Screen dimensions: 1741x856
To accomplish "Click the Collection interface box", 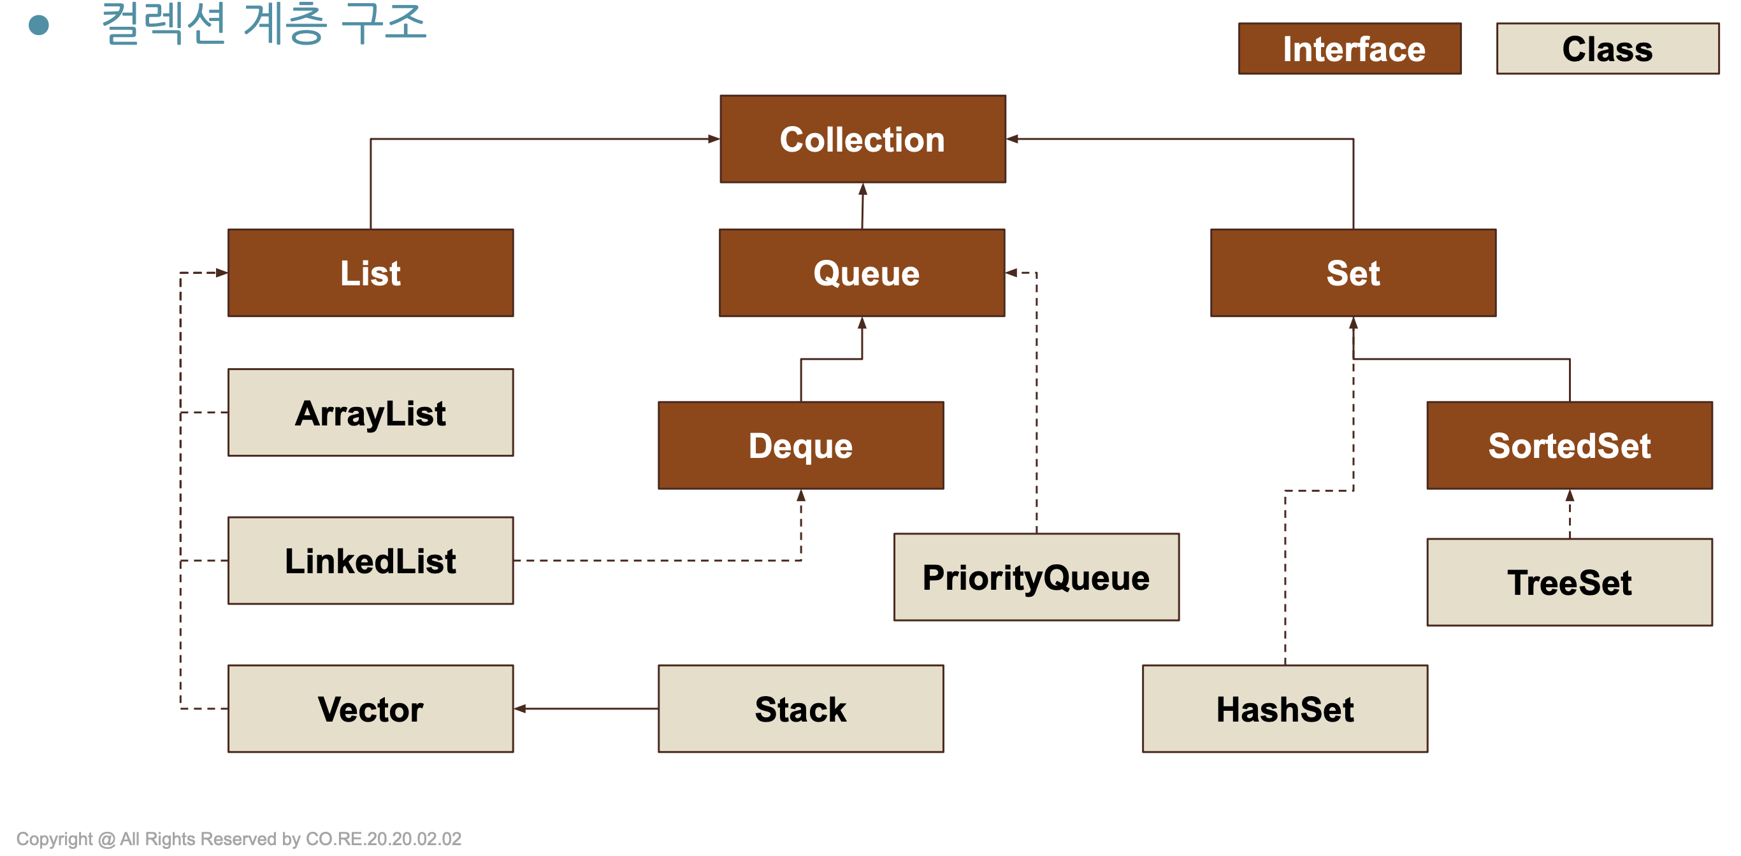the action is click(x=862, y=139).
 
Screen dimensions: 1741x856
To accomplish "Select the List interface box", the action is click(x=370, y=273).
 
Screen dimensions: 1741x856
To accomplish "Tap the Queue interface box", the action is click(x=862, y=273).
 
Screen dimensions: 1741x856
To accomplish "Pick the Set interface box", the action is click(x=1353, y=273).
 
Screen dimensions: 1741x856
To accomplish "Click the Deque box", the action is click(x=801, y=445).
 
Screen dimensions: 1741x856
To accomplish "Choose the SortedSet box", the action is click(x=1570, y=445).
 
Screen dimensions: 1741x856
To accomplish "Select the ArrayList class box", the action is click(x=370, y=412).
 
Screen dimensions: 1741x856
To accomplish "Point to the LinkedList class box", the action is click(x=370, y=560).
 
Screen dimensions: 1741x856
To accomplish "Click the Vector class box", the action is click(x=370, y=709).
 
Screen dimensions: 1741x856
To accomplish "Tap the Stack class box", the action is click(x=801, y=709).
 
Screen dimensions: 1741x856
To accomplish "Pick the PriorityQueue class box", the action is click(x=1036, y=577).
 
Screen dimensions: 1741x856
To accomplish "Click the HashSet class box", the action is click(x=1285, y=709).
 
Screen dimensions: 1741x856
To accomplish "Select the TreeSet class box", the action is click(x=1570, y=582).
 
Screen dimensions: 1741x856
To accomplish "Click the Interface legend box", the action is click(x=1350, y=48).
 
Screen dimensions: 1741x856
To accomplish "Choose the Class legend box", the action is click(x=1608, y=48).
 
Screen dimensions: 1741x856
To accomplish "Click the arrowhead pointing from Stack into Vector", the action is click(x=520, y=709).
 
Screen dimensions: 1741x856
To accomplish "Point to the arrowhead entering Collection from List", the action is click(x=714, y=139).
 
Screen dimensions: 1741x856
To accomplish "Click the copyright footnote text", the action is click(x=238, y=839).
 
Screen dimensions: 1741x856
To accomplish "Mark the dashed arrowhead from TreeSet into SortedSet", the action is click(x=1570, y=496).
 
